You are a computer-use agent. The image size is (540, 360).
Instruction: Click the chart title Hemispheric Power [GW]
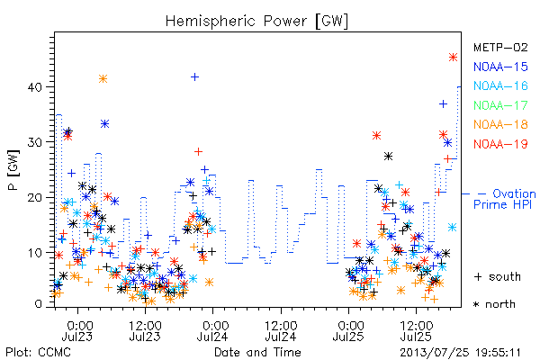[x=256, y=21]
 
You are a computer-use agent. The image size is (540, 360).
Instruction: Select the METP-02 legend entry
[x=500, y=47]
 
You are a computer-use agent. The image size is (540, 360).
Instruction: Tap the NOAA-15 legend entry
[x=500, y=67]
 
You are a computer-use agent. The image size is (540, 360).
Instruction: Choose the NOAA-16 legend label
[x=500, y=85]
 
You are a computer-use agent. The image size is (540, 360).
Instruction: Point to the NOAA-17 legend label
[x=500, y=105]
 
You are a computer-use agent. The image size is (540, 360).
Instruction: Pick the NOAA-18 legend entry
[x=500, y=124]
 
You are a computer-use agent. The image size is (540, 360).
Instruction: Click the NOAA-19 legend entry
[x=500, y=144]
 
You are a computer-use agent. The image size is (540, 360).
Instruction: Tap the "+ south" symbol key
[x=498, y=276]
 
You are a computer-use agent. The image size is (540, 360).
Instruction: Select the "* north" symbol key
[x=494, y=304]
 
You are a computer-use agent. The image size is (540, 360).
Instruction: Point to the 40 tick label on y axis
[x=35, y=87]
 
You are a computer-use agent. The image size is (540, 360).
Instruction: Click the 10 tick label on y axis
[x=35, y=253]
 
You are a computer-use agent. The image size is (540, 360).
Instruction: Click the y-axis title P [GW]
[x=14, y=170]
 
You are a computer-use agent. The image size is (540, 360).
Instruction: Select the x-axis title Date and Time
[x=257, y=353]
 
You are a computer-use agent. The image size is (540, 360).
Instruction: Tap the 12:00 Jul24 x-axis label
[x=281, y=331]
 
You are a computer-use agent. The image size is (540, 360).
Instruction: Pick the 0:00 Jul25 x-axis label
[x=348, y=331]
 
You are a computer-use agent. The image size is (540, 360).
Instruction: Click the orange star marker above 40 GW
[x=103, y=79]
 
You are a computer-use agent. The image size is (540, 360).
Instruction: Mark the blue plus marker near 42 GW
[x=195, y=76]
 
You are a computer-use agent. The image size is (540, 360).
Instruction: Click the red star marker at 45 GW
[x=454, y=58]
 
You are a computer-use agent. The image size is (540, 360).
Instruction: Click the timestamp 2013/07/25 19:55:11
[x=460, y=353]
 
